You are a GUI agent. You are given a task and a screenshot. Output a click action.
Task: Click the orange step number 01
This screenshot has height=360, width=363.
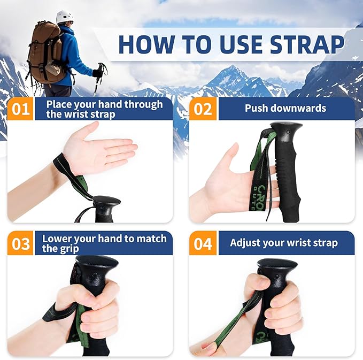[x=21, y=109]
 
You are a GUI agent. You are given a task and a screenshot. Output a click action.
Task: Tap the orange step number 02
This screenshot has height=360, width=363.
[x=203, y=109]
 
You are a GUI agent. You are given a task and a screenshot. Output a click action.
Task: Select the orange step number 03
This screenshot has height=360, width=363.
[x=21, y=243]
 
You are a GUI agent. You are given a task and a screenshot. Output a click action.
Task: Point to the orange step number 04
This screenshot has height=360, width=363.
[x=203, y=243]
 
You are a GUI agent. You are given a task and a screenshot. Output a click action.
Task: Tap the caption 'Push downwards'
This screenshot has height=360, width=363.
[x=285, y=108]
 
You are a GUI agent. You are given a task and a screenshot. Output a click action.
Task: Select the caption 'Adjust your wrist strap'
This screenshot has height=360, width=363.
[x=283, y=243]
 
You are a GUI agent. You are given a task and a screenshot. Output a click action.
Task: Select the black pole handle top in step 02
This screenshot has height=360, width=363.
[x=286, y=130]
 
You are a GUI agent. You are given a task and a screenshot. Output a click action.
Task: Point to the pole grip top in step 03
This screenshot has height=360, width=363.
[x=96, y=263]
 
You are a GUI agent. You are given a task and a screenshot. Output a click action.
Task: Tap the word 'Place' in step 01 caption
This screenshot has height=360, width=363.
[x=58, y=104]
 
